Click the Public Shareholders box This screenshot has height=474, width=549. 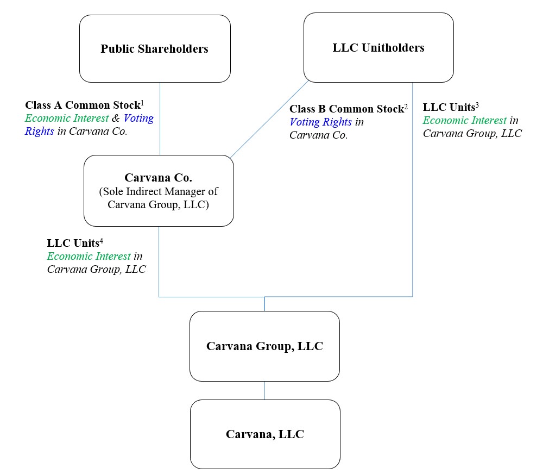[155, 49]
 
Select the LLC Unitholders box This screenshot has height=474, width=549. [378, 48]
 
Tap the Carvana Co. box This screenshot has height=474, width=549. [159, 191]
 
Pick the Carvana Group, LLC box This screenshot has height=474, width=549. [264, 346]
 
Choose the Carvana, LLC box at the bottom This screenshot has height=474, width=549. [265, 434]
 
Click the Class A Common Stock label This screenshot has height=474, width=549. [83, 105]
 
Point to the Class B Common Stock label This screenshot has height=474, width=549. [346, 109]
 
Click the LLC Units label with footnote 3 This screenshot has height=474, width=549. [449, 108]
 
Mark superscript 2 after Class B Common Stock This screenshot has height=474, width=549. [406, 106]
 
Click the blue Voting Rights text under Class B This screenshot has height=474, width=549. [320, 122]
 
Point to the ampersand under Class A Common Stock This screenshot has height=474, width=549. [116, 118]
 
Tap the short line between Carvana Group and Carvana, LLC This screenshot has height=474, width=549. [265, 390]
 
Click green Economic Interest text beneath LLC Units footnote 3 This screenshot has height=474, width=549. [464, 121]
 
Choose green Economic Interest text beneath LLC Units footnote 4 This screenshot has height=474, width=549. [89, 256]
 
